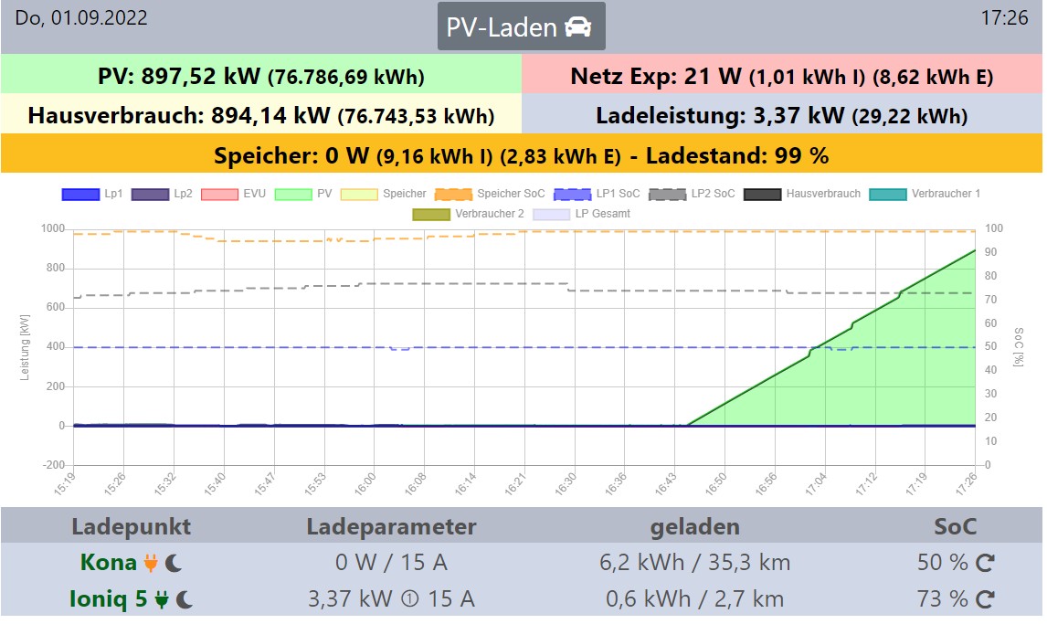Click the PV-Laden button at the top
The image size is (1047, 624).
click(x=521, y=26)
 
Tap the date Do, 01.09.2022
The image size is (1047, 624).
click(x=81, y=18)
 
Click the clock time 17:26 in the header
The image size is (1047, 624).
click(x=1003, y=18)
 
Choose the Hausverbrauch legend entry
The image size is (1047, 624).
click(x=802, y=194)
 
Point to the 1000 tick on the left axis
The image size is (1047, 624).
click(x=51, y=228)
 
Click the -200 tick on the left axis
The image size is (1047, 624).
click(x=51, y=465)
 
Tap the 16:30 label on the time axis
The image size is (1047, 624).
click(x=567, y=484)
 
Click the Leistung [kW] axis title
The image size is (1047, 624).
click(x=26, y=347)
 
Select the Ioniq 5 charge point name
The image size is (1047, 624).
click(x=107, y=599)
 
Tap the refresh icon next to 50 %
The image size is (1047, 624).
click(x=985, y=563)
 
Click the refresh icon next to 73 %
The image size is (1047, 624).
click(x=985, y=599)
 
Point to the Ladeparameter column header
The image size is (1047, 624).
click(x=391, y=526)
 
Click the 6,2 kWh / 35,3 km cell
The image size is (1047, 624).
click(x=695, y=563)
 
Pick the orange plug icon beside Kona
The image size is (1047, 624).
click(x=152, y=563)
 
